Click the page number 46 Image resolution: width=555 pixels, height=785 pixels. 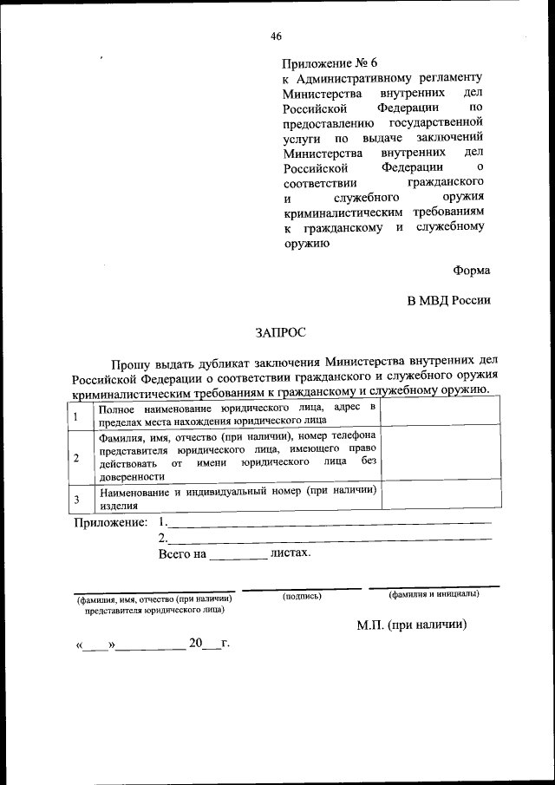point(276,36)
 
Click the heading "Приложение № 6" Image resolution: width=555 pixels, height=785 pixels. point(330,63)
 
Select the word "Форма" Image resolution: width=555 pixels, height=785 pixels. point(471,270)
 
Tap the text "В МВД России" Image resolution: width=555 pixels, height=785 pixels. point(449,300)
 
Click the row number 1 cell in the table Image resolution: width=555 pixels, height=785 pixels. point(76,415)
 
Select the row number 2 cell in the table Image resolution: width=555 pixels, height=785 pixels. point(76,456)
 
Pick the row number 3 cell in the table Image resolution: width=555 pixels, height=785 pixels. point(76,498)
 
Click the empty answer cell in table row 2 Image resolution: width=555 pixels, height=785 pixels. point(435,456)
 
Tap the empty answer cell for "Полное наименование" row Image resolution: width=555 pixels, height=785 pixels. point(435,415)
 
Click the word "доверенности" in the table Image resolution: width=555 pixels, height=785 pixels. point(131,476)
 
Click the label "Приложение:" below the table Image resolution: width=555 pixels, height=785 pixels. point(110,522)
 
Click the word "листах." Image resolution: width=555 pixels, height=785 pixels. point(291,552)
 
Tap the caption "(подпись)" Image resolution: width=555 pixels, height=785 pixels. point(302,596)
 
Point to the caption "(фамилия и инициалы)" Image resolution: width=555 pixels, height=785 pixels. point(434,594)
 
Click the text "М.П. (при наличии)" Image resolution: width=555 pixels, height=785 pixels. point(412,624)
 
